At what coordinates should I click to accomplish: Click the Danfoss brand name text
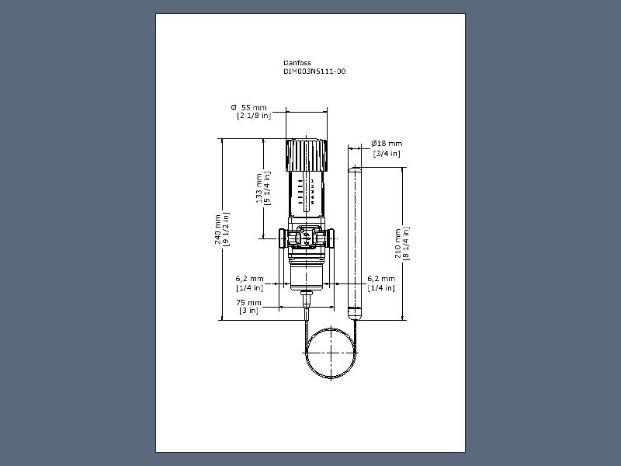pyautogui.click(x=297, y=63)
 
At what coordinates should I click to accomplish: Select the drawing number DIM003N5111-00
pyautogui.click(x=314, y=71)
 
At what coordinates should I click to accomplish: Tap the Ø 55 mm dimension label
pyautogui.click(x=248, y=107)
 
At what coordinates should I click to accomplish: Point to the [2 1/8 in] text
pyautogui.click(x=254, y=116)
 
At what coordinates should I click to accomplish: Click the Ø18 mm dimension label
pyautogui.click(x=387, y=144)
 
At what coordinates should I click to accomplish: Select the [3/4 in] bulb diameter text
pyautogui.click(x=387, y=153)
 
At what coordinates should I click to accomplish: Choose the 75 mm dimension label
pyautogui.click(x=248, y=303)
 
